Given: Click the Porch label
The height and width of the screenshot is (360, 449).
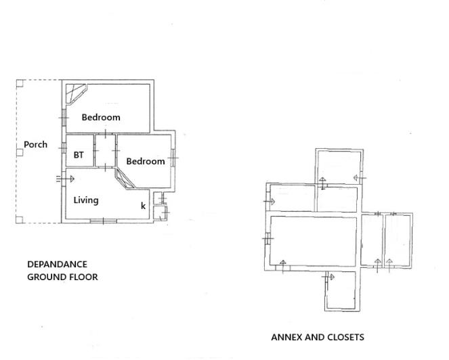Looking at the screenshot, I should click(x=35, y=144).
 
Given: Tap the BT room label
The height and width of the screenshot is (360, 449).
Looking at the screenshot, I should click(x=79, y=155).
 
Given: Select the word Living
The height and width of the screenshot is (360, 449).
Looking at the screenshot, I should click(x=86, y=200).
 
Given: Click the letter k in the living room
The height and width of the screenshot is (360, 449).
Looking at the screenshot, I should click(x=143, y=206).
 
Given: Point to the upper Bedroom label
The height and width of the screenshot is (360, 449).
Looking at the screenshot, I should click(x=101, y=117).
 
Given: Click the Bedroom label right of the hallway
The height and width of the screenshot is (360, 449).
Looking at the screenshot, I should click(x=145, y=161).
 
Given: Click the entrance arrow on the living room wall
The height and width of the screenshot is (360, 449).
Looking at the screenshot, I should click(x=66, y=179).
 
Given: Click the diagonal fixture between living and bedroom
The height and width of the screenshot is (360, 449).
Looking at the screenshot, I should click(x=125, y=179).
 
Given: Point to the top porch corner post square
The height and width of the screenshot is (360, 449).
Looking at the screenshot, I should click(x=20, y=83).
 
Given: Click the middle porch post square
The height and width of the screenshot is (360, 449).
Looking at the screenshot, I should click(x=20, y=152).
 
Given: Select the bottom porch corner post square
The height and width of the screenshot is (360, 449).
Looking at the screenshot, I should click(x=20, y=219).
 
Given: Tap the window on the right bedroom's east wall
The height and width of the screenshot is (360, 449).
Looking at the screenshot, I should click(x=173, y=158).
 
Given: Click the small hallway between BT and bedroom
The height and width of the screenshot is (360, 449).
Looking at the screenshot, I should click(x=105, y=150).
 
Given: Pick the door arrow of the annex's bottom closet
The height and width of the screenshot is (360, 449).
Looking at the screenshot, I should click(x=330, y=277).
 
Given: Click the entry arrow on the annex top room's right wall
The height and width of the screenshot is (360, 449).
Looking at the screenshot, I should click(x=358, y=178).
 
